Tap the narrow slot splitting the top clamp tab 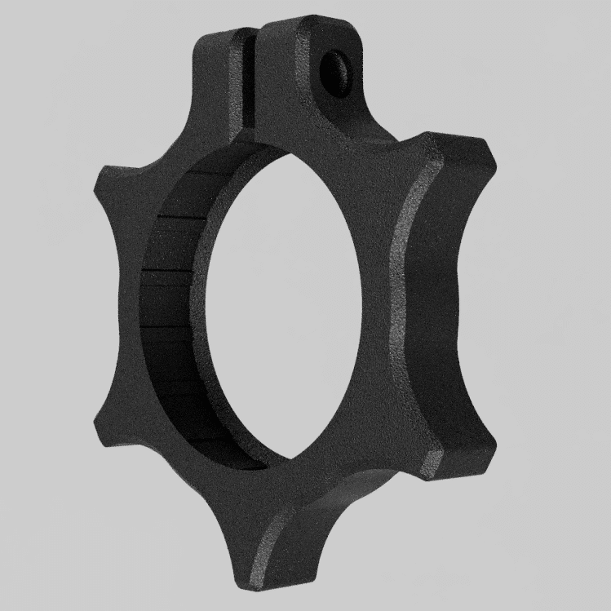tap(251, 77)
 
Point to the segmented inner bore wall tap(171, 310)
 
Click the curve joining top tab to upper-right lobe tap(383, 131)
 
